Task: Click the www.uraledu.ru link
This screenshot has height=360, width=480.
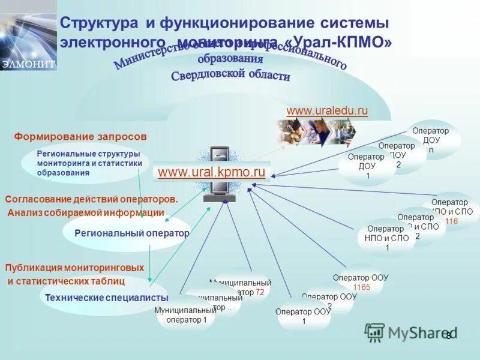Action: pyautogui.click(x=327, y=111)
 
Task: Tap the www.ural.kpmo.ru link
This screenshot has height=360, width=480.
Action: pyautogui.click(x=211, y=172)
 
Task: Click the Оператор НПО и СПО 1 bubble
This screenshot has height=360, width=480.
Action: pyautogui.click(x=386, y=238)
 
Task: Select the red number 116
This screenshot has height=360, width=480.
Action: pyautogui.click(x=451, y=221)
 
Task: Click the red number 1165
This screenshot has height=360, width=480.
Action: pyautogui.click(x=361, y=287)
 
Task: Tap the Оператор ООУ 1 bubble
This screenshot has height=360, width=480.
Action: pyautogui.click(x=304, y=316)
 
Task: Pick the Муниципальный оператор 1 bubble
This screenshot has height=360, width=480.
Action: pyautogui.click(x=185, y=315)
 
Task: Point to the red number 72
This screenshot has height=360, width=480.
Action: pyautogui.click(x=260, y=292)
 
